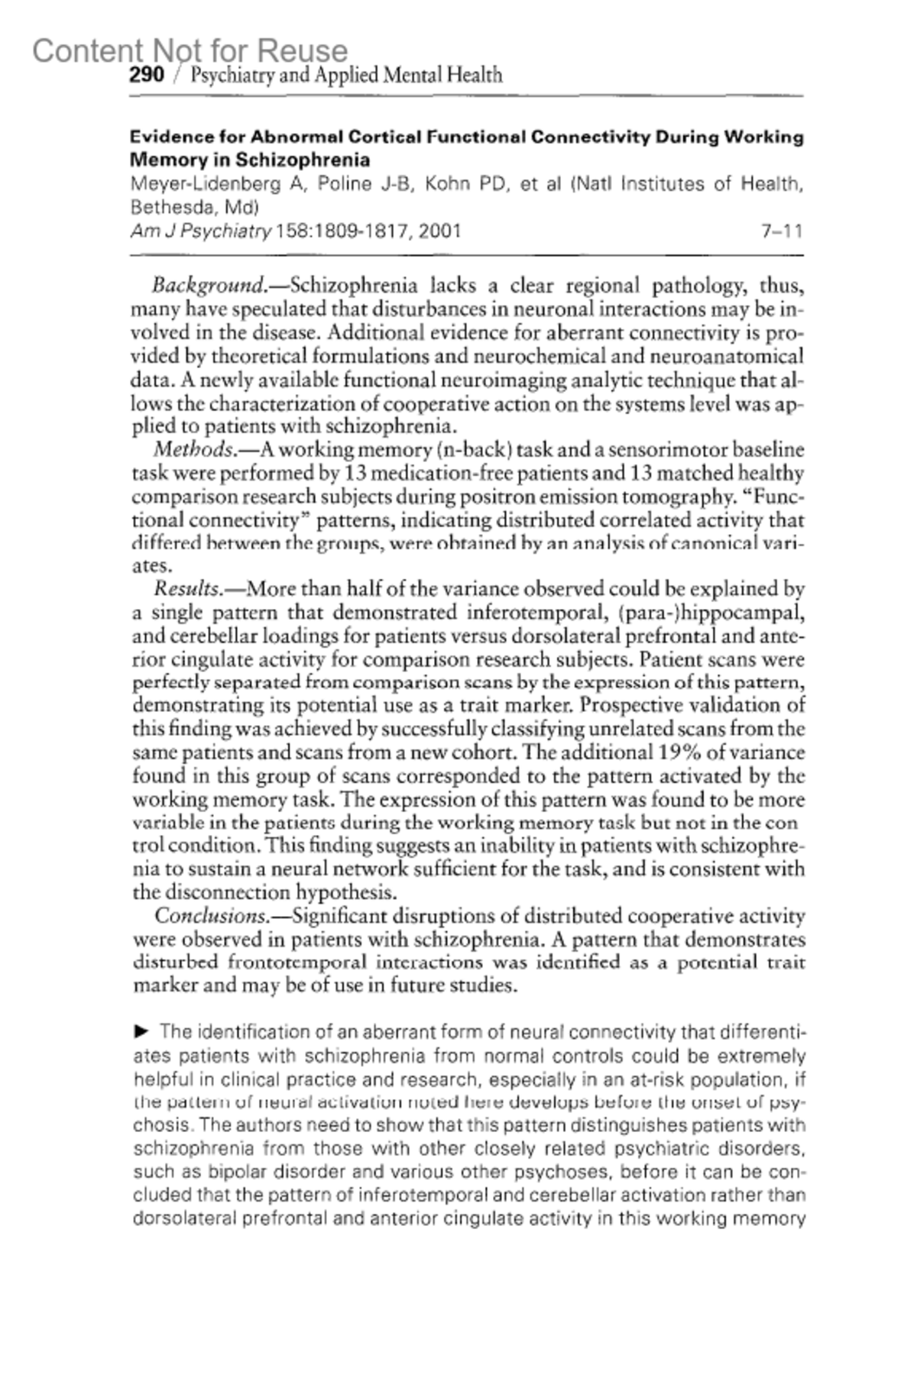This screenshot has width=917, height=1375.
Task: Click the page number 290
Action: (147, 75)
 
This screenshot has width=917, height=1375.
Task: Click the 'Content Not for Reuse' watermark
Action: (190, 50)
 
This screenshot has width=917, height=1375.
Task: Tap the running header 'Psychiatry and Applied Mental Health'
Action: (345, 75)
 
